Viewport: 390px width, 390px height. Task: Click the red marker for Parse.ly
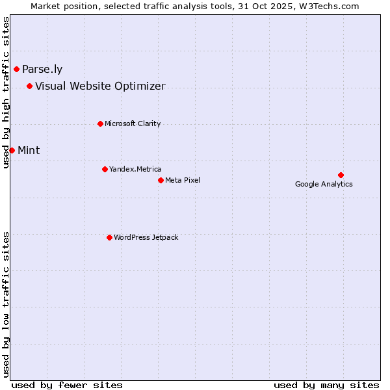16,69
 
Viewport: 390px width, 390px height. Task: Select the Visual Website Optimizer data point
29,86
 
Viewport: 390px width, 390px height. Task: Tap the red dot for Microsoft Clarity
100,123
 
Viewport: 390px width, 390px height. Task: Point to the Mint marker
12,150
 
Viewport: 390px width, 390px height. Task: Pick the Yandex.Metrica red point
105,169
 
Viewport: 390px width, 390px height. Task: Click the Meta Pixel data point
161,180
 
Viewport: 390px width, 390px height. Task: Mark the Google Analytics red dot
341,175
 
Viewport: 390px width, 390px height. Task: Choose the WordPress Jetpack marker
109,237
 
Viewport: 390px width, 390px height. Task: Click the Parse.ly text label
42,70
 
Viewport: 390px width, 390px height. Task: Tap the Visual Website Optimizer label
100,86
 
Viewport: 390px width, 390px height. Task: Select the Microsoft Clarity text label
133,123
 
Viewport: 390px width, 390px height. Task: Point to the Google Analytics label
324,184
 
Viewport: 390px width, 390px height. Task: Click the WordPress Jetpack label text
146,237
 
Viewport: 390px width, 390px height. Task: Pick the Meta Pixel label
183,180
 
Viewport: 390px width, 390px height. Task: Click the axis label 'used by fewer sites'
67,385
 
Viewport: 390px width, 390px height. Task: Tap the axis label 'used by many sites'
326,385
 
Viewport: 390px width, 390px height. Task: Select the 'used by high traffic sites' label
6,93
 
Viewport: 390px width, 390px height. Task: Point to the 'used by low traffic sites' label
6,304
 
